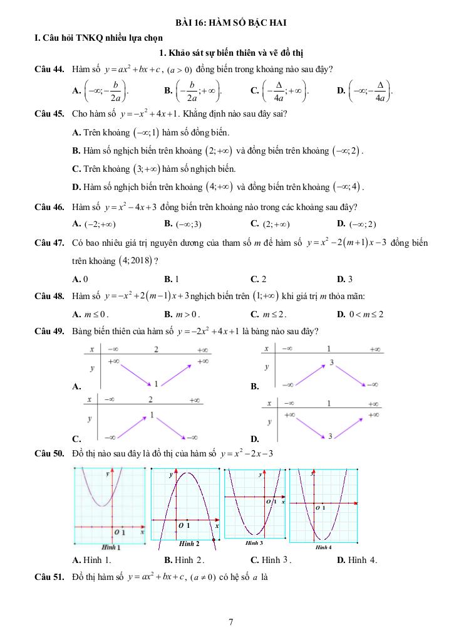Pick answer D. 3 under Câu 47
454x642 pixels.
[x=344, y=279]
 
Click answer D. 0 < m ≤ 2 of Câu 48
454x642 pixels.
[x=360, y=314]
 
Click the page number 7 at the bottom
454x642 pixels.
[x=231, y=622]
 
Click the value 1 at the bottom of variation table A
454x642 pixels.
[x=155, y=384]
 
